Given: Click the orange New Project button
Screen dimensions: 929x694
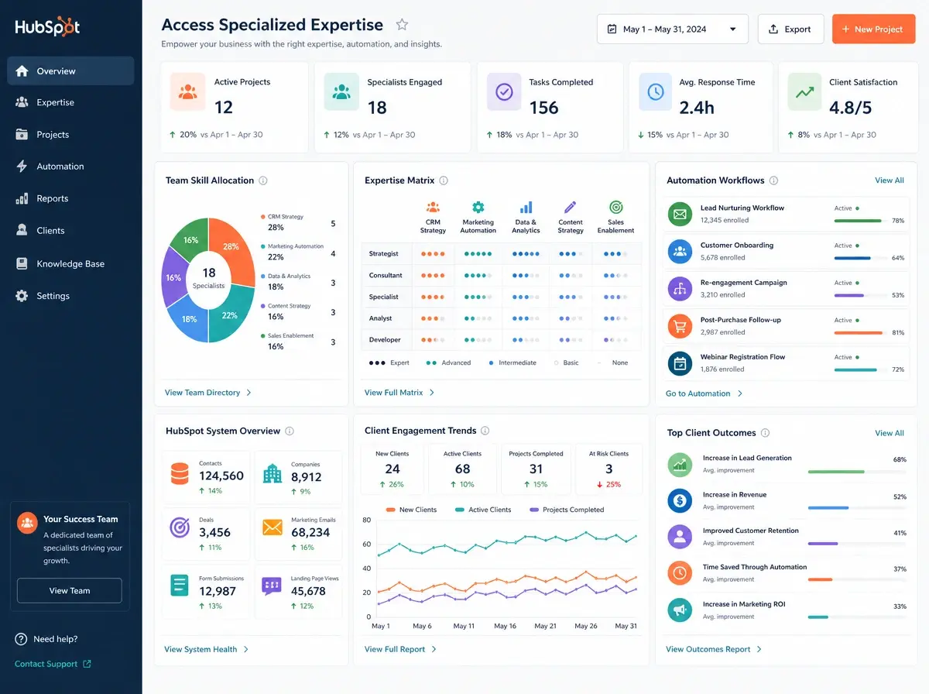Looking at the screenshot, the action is click(873, 29).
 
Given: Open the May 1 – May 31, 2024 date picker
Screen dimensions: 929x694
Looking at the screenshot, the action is click(672, 29).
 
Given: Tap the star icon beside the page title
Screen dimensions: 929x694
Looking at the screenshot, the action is click(402, 25).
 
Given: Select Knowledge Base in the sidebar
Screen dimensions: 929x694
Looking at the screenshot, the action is click(70, 264).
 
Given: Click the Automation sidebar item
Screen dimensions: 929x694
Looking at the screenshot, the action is click(60, 167).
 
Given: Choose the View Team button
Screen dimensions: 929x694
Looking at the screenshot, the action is click(70, 591).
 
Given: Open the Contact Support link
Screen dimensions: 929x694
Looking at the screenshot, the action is click(53, 664).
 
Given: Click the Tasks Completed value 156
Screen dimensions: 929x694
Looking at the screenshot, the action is click(544, 108).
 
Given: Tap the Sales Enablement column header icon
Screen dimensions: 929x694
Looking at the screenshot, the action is click(615, 207).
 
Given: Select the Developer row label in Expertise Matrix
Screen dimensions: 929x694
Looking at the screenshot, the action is click(384, 339).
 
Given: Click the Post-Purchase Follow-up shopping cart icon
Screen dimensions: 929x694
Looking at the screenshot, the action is click(680, 326).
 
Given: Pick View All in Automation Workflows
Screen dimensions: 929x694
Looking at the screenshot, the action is click(890, 180).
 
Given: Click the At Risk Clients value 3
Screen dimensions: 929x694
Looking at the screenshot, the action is click(608, 469).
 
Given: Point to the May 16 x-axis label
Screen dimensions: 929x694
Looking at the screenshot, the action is click(505, 626).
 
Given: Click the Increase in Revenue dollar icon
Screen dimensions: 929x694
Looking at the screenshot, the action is click(680, 500).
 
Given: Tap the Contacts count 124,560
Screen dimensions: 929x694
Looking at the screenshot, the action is click(221, 476).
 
